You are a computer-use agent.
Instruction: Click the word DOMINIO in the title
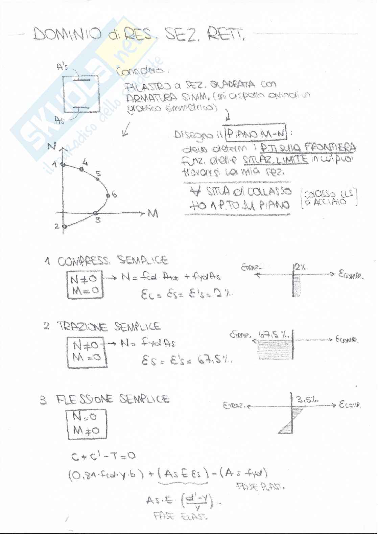coord(67,34)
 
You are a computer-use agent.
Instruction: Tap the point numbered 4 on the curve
coord(81,169)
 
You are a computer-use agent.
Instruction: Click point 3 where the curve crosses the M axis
coord(95,213)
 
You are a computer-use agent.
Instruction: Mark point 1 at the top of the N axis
coord(63,165)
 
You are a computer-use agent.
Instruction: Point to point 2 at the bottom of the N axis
coord(64,227)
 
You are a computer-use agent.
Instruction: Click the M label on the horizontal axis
coord(153,214)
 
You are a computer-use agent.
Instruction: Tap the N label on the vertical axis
coord(52,146)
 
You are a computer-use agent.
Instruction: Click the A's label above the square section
coord(63,67)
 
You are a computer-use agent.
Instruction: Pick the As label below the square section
coord(60,120)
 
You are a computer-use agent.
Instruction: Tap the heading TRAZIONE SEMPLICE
coord(109,326)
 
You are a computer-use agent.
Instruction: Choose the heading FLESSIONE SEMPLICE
coord(113,399)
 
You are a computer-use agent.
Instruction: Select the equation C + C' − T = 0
coord(103,456)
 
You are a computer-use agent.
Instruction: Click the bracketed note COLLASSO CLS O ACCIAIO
coord(330,198)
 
